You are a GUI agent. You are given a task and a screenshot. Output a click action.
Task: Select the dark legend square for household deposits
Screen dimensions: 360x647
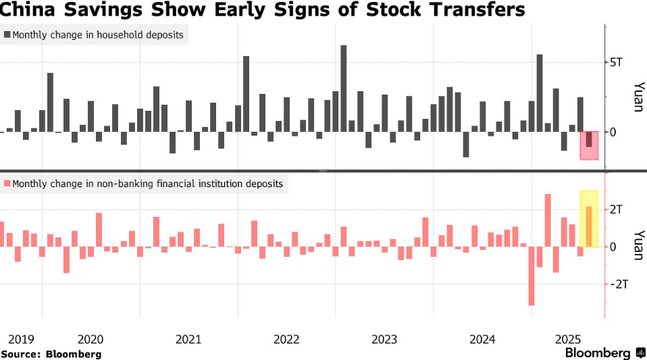point(7,34)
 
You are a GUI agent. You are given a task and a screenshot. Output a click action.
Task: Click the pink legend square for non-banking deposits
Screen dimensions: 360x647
point(7,183)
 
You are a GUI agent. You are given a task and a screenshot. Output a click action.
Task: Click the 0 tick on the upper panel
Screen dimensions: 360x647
point(613,132)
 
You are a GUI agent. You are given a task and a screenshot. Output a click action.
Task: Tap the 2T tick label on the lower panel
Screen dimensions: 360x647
point(616,209)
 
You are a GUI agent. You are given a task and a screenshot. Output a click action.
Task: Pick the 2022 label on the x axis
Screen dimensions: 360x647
point(286,338)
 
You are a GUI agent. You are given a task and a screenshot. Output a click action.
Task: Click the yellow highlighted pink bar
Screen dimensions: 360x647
point(589,226)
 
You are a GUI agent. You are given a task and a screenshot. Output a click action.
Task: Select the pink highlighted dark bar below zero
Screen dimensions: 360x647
point(589,139)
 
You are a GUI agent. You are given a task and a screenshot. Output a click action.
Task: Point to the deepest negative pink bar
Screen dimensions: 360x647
point(532,276)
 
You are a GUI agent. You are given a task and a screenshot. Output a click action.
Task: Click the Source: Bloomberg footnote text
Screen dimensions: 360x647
point(51,353)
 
